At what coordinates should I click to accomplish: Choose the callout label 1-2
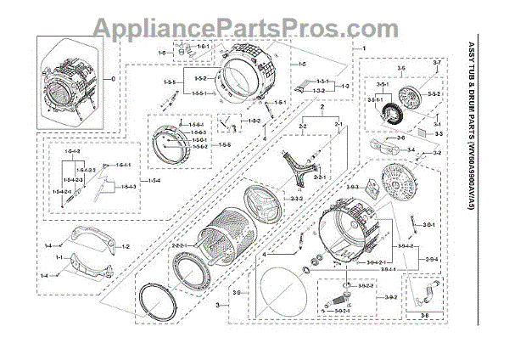(125, 246)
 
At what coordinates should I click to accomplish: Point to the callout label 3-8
(424, 315)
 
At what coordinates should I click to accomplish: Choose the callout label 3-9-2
(391, 298)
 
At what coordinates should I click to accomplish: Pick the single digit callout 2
(322, 111)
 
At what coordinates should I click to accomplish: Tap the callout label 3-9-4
(432, 258)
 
